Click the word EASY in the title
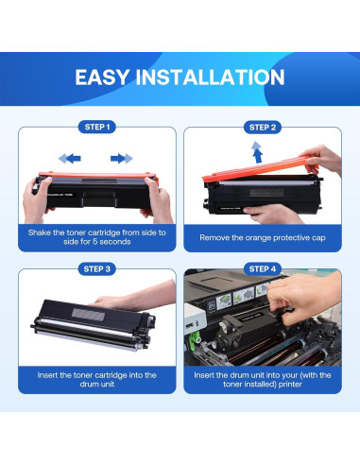102,77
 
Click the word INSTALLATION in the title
210,77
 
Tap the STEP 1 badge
97,128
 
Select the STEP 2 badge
263,128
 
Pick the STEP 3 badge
97,269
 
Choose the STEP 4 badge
263,269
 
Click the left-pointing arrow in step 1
70,159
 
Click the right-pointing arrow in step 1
122,159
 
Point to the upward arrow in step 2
257,152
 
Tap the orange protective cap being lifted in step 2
260,169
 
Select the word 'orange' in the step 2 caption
252,238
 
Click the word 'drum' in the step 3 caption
89,385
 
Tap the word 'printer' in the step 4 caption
290,385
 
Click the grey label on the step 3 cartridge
88,315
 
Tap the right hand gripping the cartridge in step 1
158,199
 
